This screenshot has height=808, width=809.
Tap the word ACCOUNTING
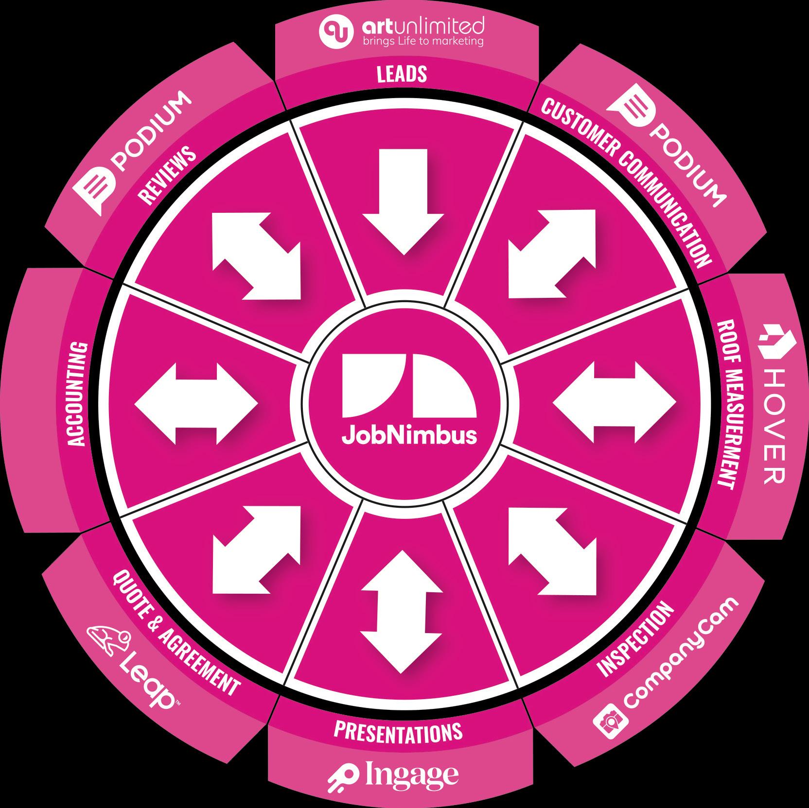pyautogui.click(x=77, y=394)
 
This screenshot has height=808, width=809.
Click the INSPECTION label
pyautogui.click(x=637, y=639)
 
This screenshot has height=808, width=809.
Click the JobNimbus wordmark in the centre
pyautogui.click(x=409, y=436)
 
